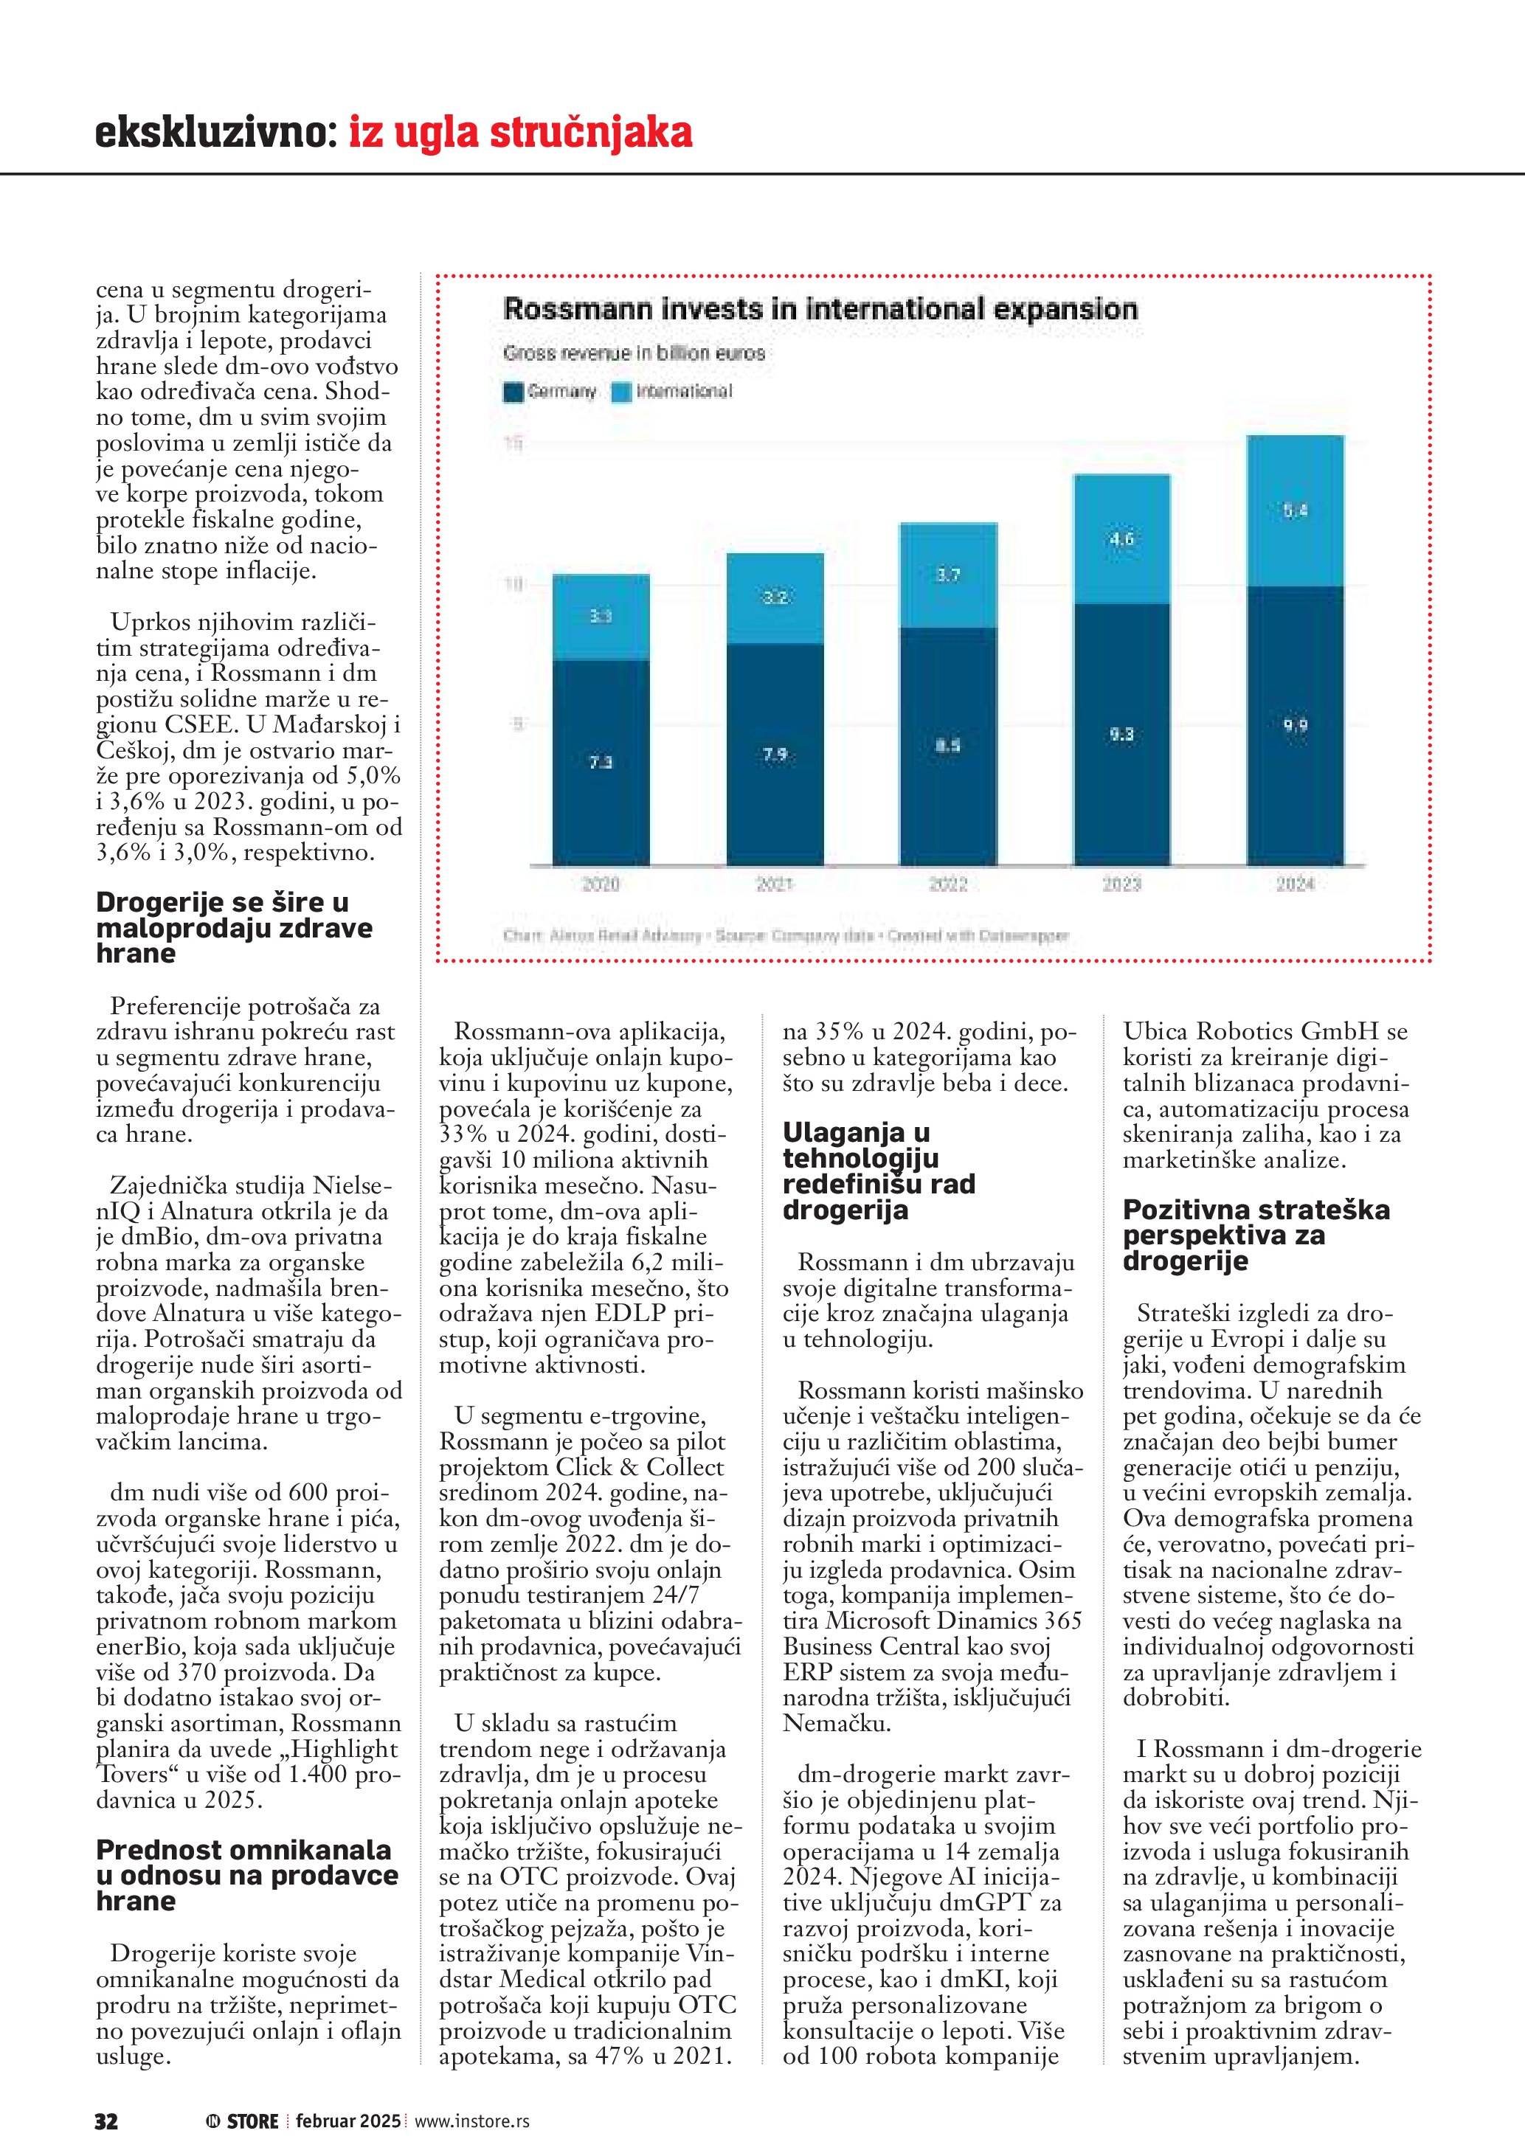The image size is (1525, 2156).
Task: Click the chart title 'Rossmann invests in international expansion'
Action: pyautogui.click(x=820, y=309)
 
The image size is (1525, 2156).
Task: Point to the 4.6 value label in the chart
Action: pyautogui.click(x=1121, y=539)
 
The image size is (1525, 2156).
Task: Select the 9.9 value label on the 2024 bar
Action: pyautogui.click(x=1295, y=725)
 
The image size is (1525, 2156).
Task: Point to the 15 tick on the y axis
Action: pyautogui.click(x=513, y=443)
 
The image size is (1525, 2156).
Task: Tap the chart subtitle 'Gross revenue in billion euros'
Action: pyautogui.click(x=634, y=353)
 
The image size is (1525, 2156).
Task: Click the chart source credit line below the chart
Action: pyautogui.click(x=785, y=935)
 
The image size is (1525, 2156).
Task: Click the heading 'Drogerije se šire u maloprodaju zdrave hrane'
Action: pyautogui.click(x=234, y=928)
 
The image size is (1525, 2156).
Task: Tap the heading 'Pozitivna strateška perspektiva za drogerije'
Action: pyautogui.click(x=1256, y=1235)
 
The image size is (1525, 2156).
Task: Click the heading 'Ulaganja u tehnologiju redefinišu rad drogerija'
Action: pyautogui.click(x=878, y=1171)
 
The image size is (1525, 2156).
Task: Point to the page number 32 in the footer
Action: pyautogui.click(x=106, y=2121)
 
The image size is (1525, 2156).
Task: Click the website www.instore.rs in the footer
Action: pyautogui.click(x=471, y=2121)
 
